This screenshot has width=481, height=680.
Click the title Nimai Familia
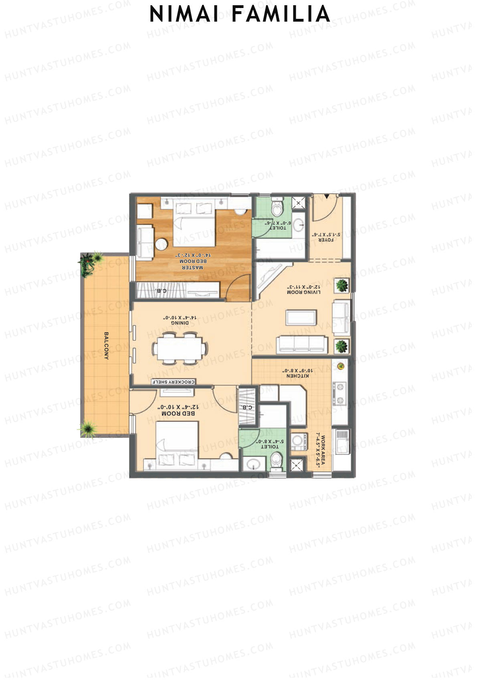(x=240, y=14)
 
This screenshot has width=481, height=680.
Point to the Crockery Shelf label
(x=173, y=382)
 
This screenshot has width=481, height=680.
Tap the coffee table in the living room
(x=301, y=317)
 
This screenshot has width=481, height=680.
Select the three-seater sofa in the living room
(x=301, y=344)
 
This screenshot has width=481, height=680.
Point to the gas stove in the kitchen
(x=340, y=393)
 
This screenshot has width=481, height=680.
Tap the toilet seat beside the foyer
(x=277, y=208)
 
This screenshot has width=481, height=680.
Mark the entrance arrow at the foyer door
(x=327, y=196)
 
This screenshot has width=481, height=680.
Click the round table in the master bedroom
(x=162, y=244)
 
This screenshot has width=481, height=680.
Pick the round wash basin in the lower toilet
(x=253, y=464)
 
